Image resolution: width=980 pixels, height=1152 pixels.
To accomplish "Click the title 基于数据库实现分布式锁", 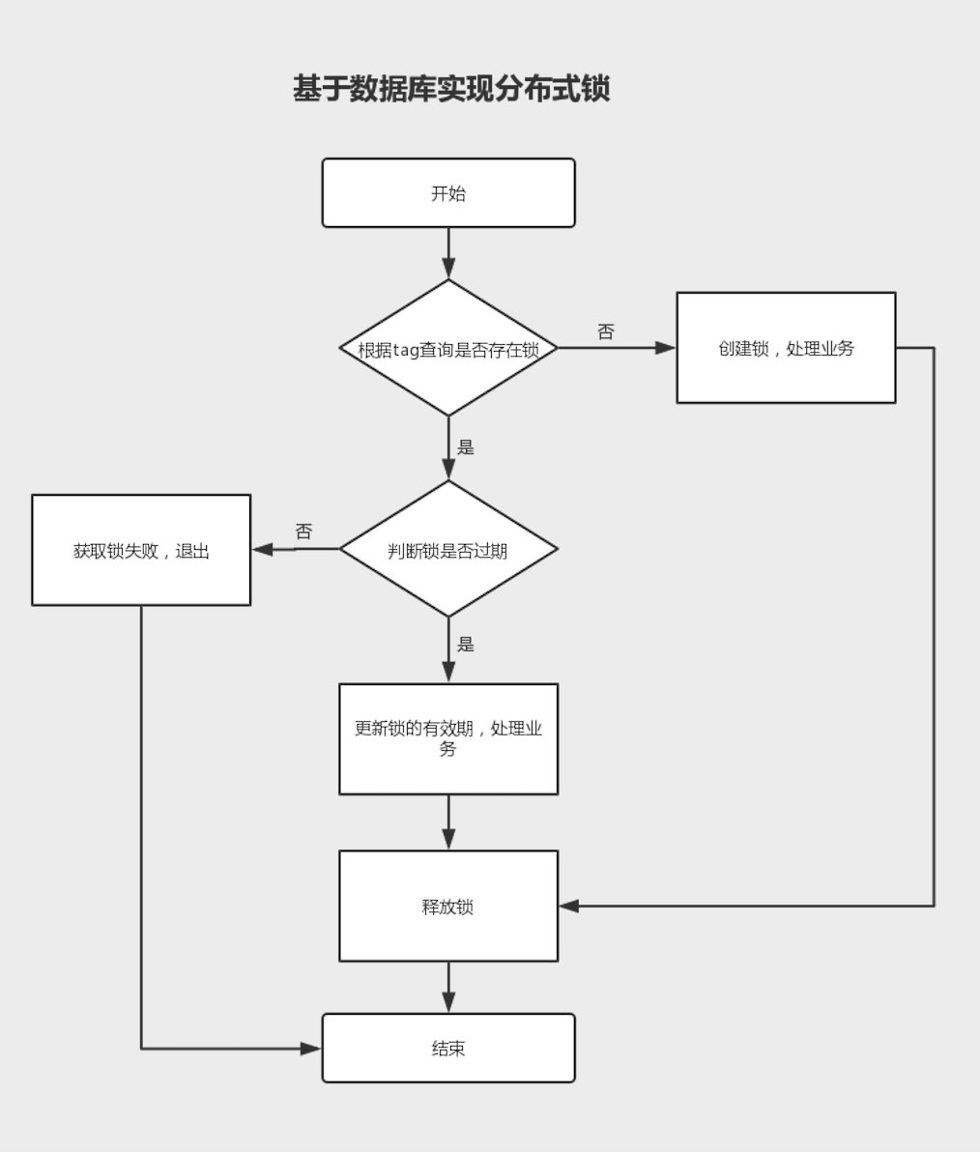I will [451, 89].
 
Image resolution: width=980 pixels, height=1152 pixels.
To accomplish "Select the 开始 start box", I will [448, 193].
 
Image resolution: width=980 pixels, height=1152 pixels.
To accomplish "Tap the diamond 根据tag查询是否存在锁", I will [448, 349].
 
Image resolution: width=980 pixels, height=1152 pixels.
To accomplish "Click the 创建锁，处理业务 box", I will [786, 348].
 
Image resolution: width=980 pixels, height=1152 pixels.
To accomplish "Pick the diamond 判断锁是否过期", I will [448, 550].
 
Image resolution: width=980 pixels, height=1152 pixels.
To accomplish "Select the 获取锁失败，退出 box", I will [141, 551].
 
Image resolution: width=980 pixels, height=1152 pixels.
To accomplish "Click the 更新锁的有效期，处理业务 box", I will [448, 739].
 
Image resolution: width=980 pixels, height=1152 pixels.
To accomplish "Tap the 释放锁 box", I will [448, 907].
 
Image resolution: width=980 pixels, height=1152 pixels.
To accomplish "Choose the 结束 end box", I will [448, 1049].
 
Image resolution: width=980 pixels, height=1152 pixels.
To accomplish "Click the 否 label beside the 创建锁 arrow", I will [606, 331].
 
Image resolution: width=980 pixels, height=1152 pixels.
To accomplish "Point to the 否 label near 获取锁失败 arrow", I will [303, 532].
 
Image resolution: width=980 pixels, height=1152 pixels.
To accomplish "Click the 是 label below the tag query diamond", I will [466, 446].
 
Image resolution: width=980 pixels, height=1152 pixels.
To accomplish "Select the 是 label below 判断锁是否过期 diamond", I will [466, 644].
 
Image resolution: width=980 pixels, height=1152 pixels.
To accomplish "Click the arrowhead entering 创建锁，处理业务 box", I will [666, 348].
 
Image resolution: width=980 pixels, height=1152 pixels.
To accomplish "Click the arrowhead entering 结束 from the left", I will [310, 1049].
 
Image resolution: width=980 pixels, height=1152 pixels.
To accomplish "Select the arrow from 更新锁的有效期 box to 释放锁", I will [448, 821].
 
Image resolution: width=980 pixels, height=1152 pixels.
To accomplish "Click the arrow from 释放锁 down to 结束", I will [448, 986].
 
